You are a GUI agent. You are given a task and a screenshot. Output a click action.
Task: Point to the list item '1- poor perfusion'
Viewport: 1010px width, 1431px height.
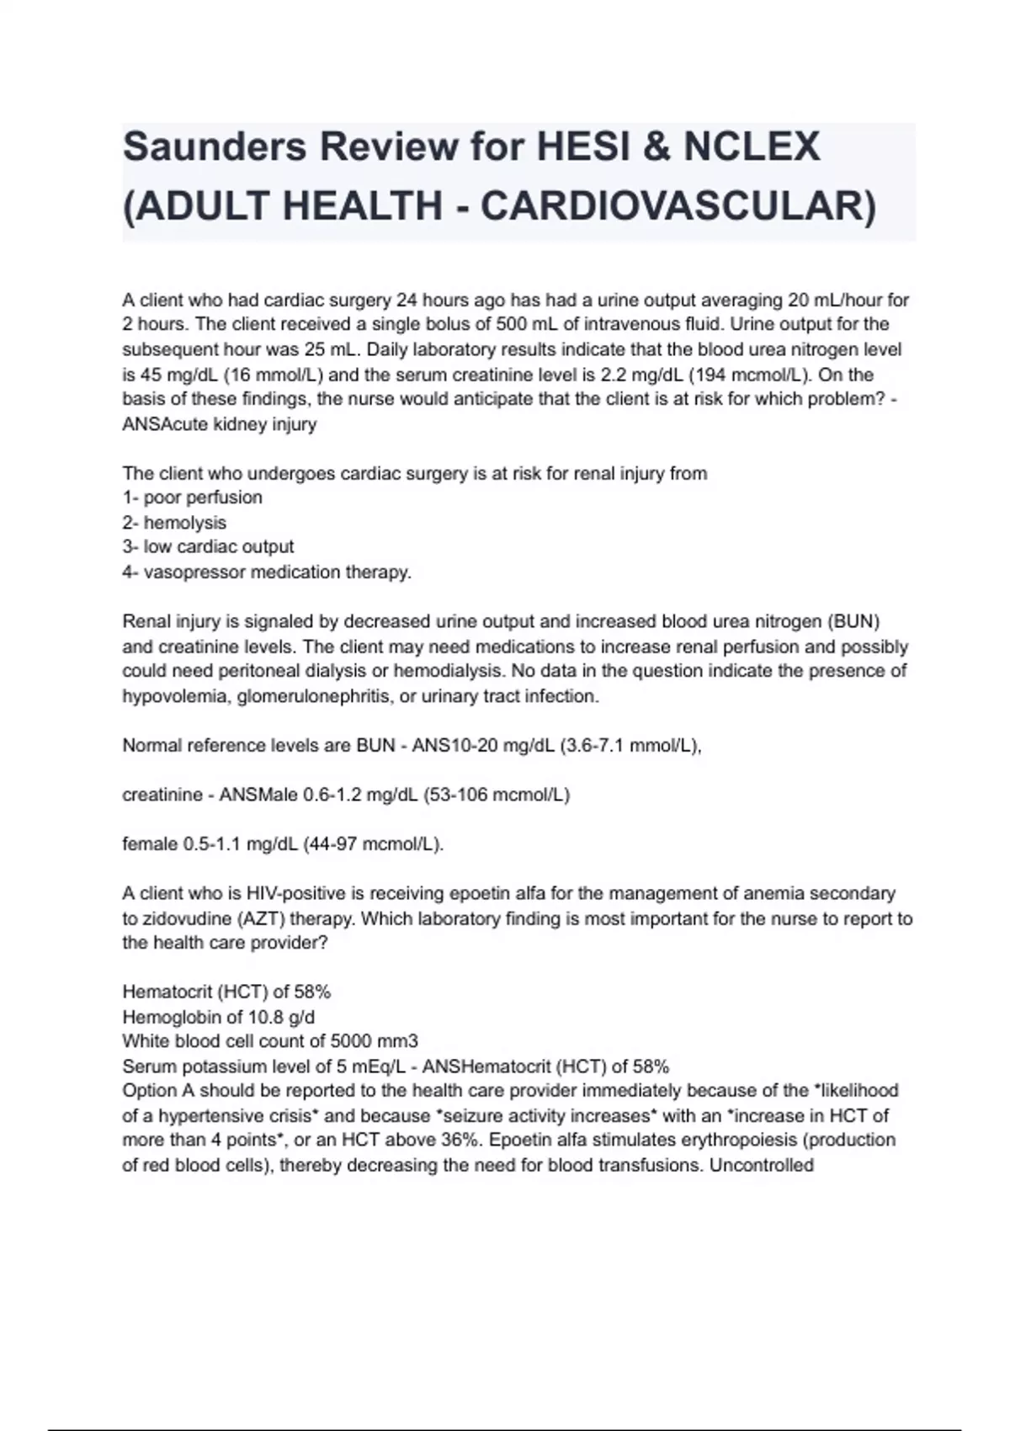pos(193,497)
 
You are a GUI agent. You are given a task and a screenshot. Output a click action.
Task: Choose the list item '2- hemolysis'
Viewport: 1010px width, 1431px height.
pos(174,523)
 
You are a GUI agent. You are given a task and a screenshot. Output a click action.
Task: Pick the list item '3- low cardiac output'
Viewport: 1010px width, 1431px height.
pos(208,547)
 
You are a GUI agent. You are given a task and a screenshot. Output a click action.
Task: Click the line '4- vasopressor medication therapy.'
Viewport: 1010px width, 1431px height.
pos(267,572)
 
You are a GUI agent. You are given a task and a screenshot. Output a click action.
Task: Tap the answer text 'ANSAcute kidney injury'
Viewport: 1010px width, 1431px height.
pos(220,424)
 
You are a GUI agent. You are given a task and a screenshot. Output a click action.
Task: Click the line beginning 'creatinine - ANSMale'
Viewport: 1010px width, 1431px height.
pos(346,795)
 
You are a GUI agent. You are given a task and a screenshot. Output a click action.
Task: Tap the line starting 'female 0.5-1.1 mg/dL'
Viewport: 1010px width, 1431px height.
pos(283,844)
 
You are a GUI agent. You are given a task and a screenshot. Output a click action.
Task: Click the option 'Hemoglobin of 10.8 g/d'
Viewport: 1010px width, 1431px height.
pos(219,1017)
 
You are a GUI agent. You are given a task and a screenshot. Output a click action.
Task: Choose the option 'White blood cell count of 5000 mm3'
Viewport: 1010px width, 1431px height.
pos(270,1041)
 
